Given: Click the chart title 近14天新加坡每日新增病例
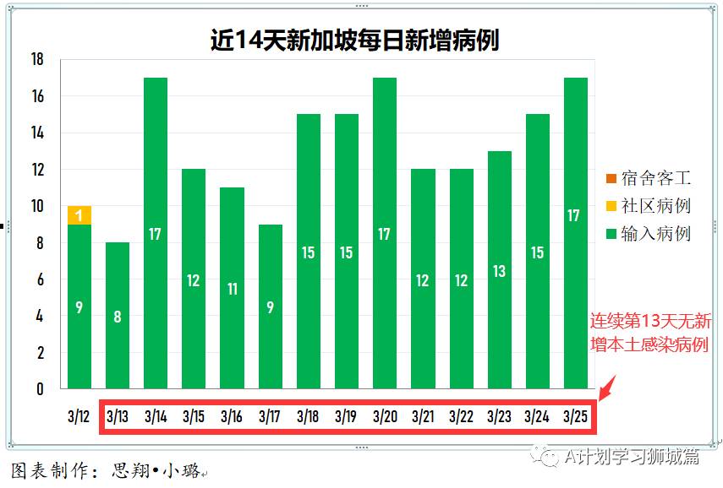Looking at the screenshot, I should [354, 39].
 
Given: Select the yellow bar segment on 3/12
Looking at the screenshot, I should [79, 215].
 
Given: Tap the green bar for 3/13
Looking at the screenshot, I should [118, 316].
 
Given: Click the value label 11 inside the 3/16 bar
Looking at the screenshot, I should [233, 289].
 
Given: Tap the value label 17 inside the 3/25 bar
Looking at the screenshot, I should [574, 215].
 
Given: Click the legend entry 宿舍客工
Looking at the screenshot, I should [648, 178].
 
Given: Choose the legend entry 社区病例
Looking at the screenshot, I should [648, 205].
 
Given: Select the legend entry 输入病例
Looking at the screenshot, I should [648, 233].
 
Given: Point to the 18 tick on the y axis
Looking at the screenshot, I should [36, 60].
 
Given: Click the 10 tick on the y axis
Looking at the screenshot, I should [36, 206].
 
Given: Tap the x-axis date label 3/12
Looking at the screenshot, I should [79, 416].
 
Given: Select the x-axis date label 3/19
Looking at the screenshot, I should [347, 416].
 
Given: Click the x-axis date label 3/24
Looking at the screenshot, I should [537, 416].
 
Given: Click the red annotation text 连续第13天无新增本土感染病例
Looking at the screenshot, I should [650, 333].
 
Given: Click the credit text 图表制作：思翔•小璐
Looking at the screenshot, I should [106, 470].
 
